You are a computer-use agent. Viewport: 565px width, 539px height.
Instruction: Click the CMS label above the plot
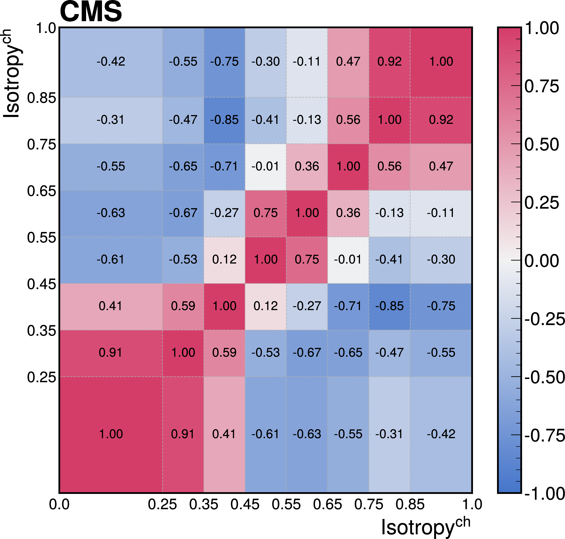coord(91,12)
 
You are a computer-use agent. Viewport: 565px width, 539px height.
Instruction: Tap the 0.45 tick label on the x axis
coord(245,505)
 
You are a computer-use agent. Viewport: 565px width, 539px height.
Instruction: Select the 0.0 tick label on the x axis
coord(59,505)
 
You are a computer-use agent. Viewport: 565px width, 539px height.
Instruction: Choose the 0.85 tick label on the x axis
coord(410,505)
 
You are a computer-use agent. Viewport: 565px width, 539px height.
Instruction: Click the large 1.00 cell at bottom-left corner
coord(111,434)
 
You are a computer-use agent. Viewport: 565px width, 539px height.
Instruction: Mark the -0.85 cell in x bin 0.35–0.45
coord(224,120)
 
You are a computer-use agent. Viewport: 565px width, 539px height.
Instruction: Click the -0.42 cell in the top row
coord(111,62)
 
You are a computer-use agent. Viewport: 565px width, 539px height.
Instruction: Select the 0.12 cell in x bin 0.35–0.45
coord(224,259)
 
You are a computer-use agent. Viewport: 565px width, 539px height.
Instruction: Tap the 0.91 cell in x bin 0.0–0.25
coord(111,353)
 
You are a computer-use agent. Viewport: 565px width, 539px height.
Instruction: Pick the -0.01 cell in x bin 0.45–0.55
coord(265,166)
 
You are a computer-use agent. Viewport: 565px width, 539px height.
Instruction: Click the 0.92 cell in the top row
coord(389,62)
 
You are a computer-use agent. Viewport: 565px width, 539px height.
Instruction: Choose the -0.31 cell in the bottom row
coord(389,434)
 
